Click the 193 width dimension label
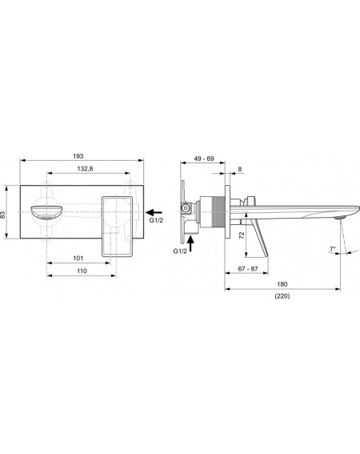click(78, 156)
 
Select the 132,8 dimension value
click(85, 169)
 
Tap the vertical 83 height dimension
click(3, 215)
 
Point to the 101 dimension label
click(78, 259)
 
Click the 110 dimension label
click(82, 271)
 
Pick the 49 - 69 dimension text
click(204, 159)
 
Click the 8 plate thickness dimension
click(240, 169)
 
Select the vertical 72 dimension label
click(242, 235)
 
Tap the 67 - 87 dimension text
click(248, 269)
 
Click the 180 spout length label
click(282, 284)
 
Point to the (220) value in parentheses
click(282, 296)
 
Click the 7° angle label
click(333, 249)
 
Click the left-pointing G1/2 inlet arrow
click(154, 212)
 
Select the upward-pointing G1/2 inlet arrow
click(190, 243)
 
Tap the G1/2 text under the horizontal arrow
click(156, 220)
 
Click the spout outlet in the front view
click(46, 213)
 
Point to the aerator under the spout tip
click(340, 217)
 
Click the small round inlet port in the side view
click(186, 207)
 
